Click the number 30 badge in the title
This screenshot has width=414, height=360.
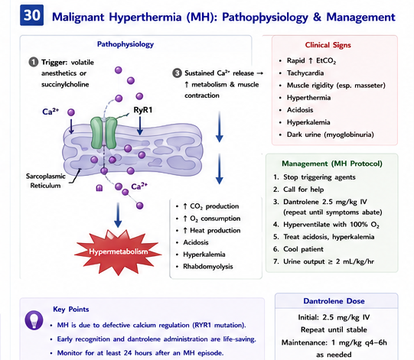(31, 15)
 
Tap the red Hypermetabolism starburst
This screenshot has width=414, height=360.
(118, 252)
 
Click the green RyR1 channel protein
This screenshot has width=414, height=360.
(103, 133)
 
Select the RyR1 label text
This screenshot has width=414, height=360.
(143, 110)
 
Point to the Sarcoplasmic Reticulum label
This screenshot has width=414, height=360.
(45, 180)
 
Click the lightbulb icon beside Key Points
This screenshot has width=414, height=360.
(34, 320)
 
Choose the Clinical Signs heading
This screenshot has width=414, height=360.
(328, 45)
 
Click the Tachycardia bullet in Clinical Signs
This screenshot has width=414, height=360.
(305, 73)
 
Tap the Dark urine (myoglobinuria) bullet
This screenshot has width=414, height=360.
(331, 135)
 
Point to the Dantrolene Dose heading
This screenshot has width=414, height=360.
(334, 301)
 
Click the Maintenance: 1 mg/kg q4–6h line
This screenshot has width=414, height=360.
(334, 342)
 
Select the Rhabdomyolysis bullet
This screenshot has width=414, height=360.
(208, 267)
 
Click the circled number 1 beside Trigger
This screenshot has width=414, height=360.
(34, 62)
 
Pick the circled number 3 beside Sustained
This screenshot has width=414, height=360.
(177, 73)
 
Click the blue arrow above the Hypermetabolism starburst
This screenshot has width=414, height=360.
(118, 215)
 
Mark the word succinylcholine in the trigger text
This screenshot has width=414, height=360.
(65, 85)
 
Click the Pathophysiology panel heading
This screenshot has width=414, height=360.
(126, 44)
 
